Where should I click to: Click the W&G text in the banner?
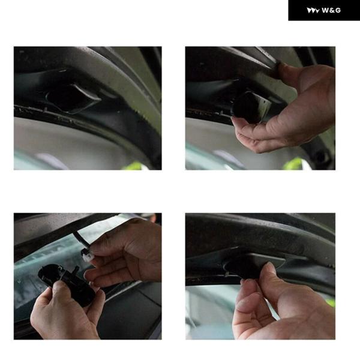click(331, 10)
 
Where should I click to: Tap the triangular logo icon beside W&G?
click(313, 11)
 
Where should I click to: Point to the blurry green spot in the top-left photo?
click(135, 166)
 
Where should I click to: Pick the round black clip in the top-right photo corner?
click(322, 157)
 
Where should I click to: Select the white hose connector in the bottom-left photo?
click(88, 256)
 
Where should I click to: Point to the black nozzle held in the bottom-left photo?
click(67, 284)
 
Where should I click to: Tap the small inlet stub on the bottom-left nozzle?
click(76, 269)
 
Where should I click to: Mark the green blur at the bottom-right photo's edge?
click(331, 302)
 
